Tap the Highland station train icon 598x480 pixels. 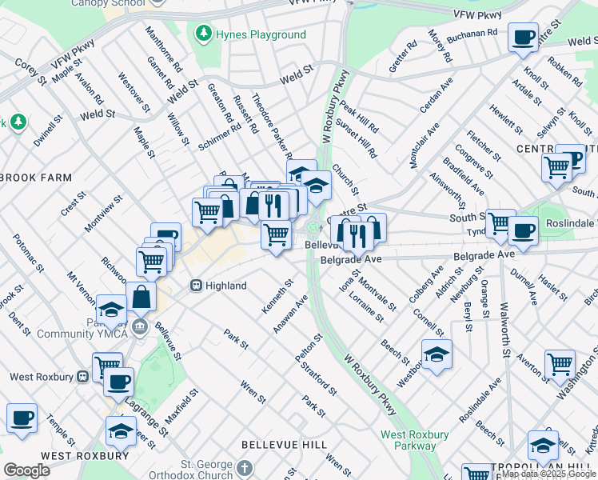point(195,286)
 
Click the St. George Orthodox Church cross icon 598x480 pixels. point(245,467)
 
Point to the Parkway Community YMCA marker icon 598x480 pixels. point(141,326)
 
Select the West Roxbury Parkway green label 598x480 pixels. point(414,440)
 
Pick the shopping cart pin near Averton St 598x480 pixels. point(560,364)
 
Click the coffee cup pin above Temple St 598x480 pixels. point(22,417)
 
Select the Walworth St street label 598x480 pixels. point(504,329)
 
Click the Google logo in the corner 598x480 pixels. point(26,470)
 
